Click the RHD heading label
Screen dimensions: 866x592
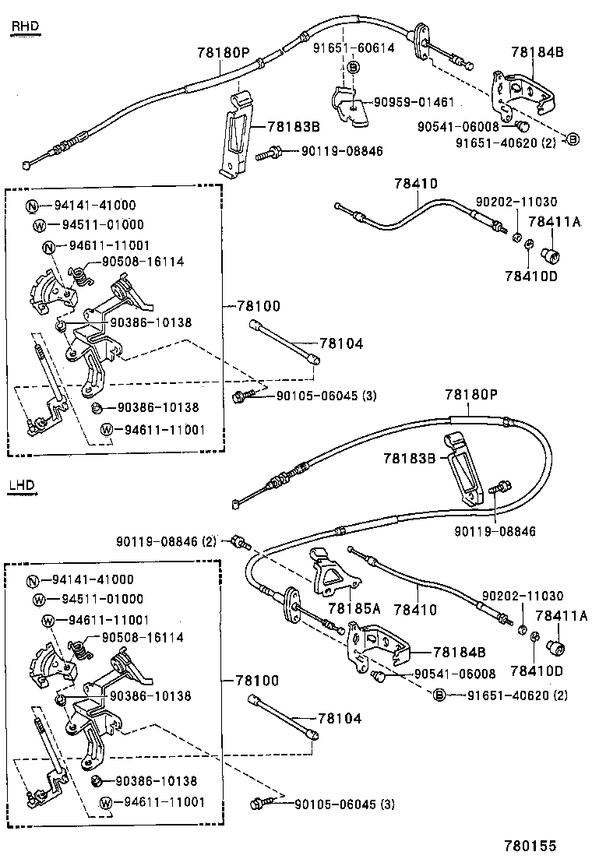[24, 29]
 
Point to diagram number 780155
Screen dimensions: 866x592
[530, 845]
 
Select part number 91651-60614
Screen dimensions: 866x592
[354, 48]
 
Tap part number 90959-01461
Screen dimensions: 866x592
[413, 102]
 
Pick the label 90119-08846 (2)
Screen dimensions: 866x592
[167, 540]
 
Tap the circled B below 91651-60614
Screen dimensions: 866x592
[353, 68]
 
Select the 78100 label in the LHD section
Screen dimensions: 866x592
[256, 680]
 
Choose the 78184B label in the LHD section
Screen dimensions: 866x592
[459, 651]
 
